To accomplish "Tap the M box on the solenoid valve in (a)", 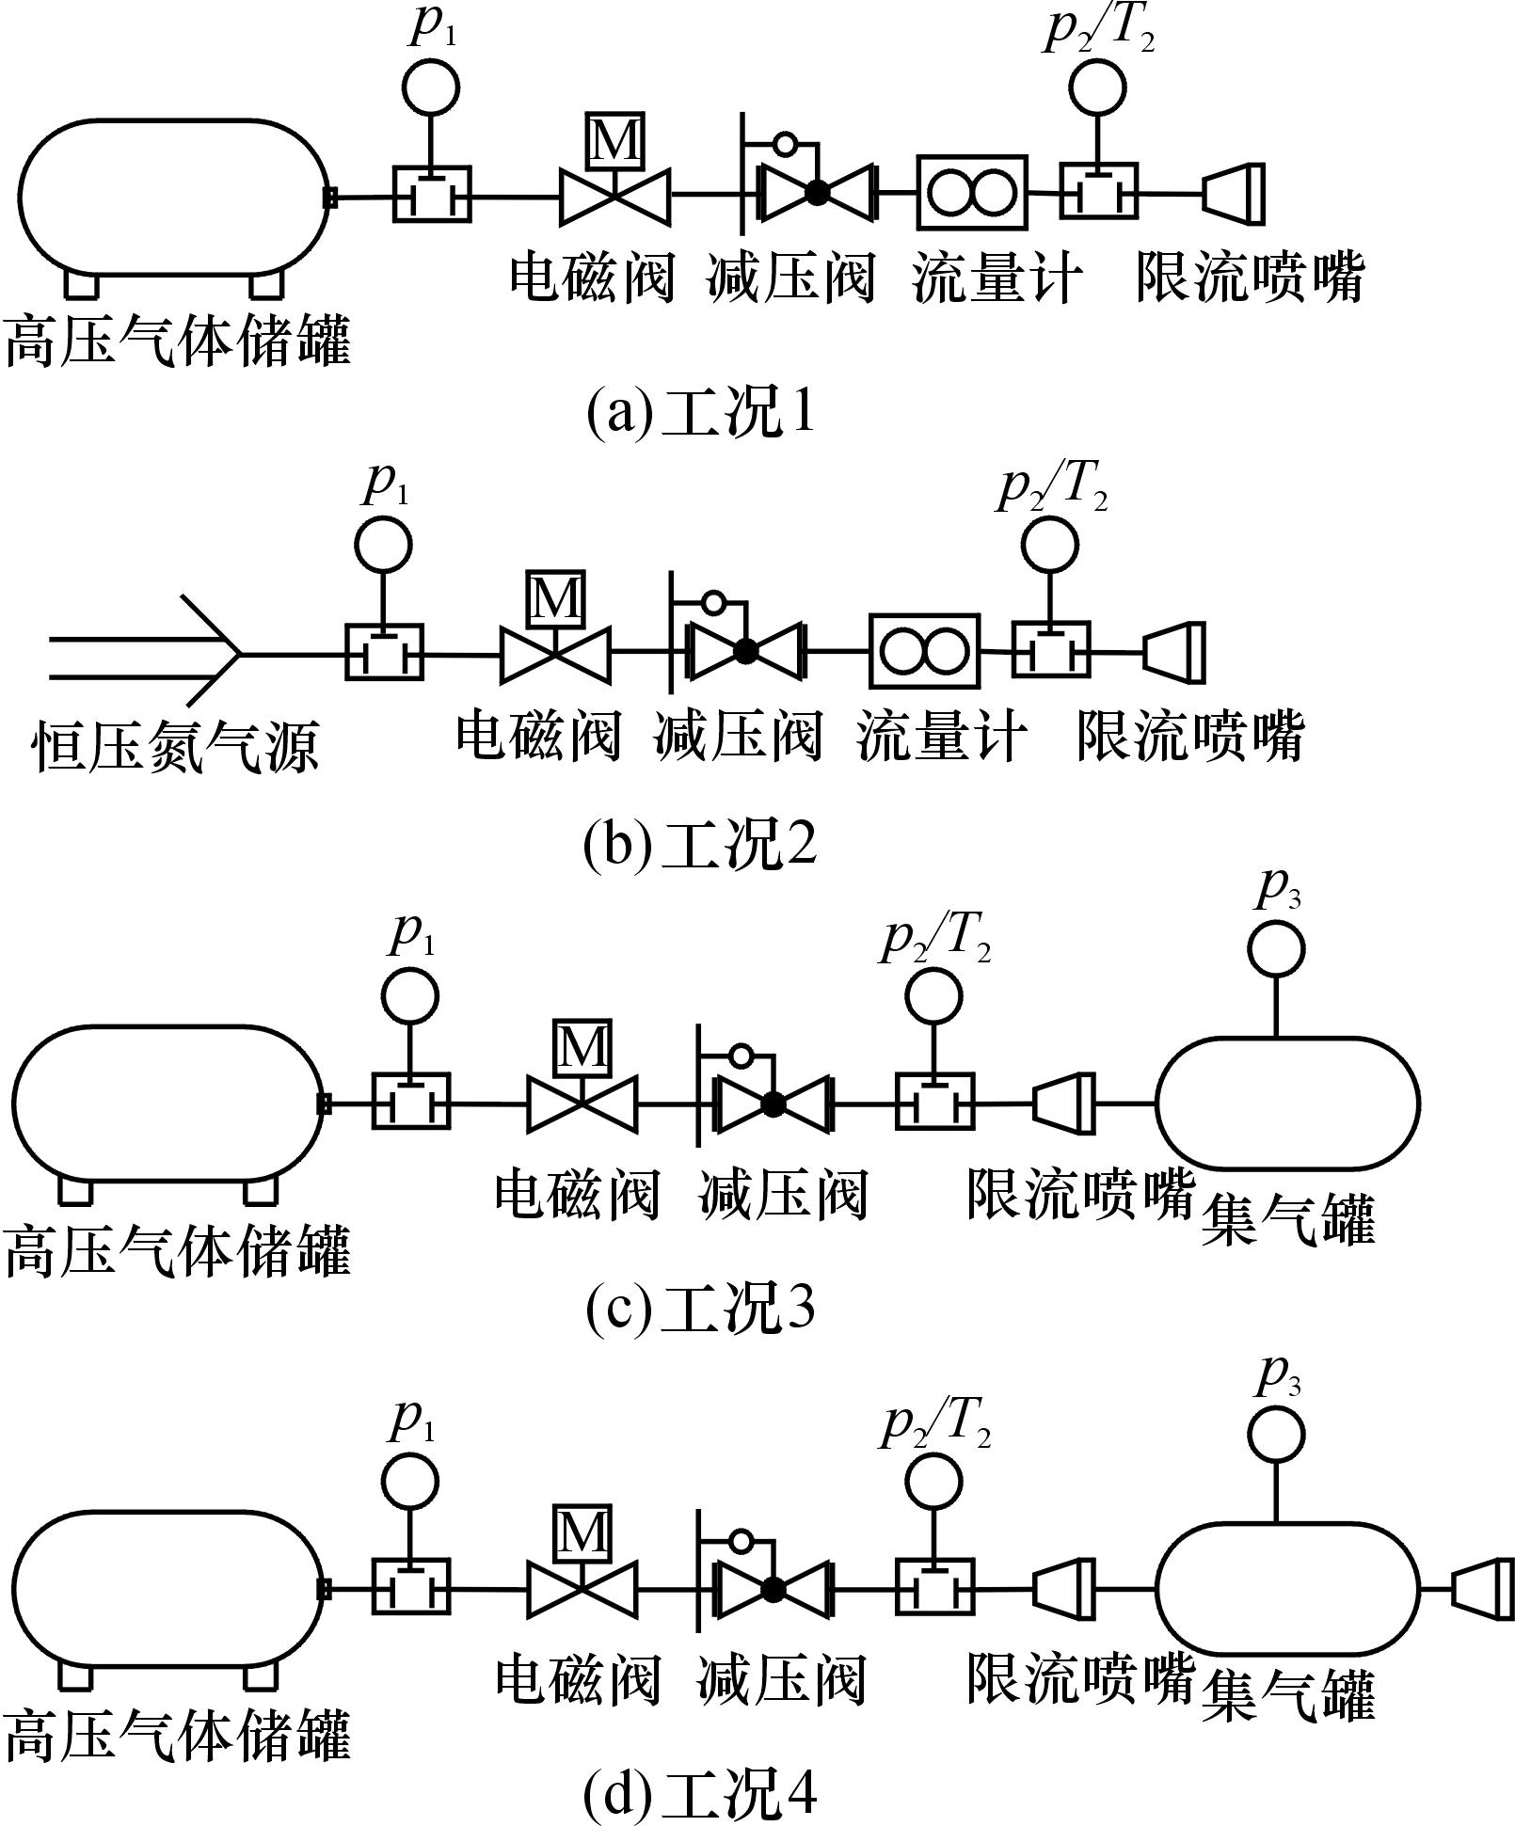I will [x=615, y=141].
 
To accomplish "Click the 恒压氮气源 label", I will [x=176, y=746].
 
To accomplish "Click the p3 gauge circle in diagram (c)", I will [x=1276, y=948].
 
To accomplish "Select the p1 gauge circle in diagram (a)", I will [x=431, y=87].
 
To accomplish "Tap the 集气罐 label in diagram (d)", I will [x=1288, y=1695].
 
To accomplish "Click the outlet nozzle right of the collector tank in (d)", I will [x=1483, y=1589].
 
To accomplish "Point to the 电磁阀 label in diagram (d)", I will [x=578, y=1680].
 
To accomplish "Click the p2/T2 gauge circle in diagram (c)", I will [x=934, y=994].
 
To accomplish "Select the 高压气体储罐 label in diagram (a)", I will [x=178, y=341].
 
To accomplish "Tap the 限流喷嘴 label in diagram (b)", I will [x=1190, y=736].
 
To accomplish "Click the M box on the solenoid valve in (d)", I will [x=583, y=1532].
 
